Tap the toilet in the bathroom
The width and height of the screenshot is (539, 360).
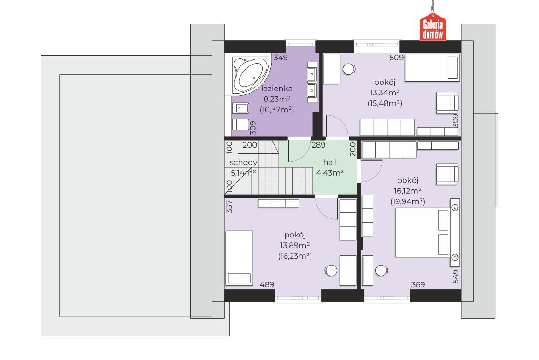point(240,124)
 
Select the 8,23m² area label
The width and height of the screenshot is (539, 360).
point(276,100)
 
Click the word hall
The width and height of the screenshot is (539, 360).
point(330,162)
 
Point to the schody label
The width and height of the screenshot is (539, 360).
point(243,163)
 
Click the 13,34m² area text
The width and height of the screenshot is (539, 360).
point(385,93)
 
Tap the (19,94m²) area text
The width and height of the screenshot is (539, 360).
point(408,201)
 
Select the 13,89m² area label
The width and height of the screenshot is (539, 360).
point(295,246)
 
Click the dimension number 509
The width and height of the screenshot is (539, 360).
point(396,58)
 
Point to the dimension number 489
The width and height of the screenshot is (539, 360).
point(267,285)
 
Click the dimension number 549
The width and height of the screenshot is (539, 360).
point(456,276)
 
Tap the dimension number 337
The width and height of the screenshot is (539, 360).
point(229,207)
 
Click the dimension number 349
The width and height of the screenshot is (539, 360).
point(281,58)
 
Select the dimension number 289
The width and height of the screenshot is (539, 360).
point(318,145)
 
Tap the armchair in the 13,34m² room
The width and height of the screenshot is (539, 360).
point(447,102)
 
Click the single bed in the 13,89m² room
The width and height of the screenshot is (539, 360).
point(239,258)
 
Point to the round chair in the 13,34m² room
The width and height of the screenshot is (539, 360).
point(349,70)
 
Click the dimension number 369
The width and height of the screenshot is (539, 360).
point(418,285)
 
